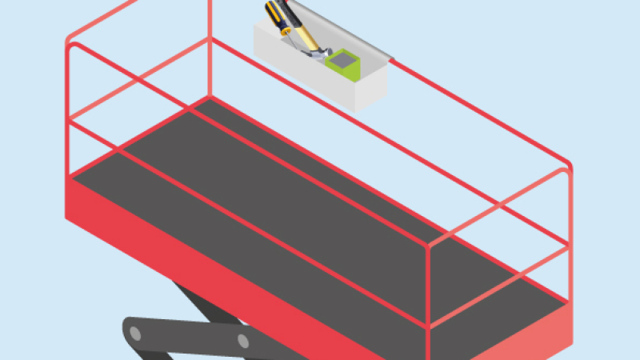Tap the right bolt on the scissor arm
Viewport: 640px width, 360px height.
tap(243, 342)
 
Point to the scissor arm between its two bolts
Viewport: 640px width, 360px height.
tap(189, 335)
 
